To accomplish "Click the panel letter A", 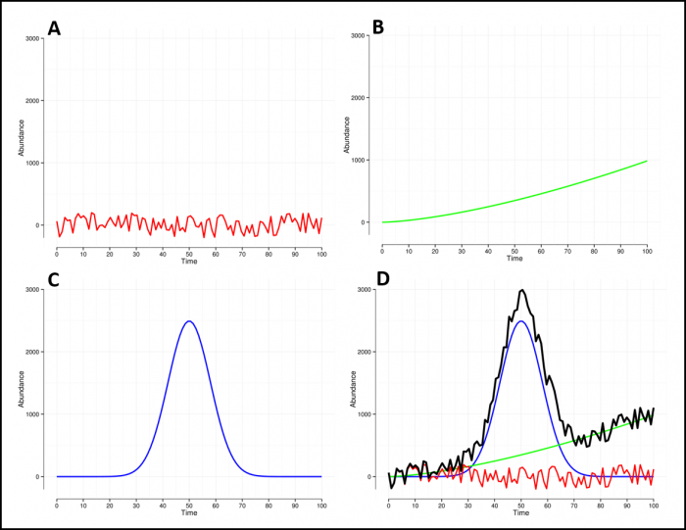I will pyautogui.click(x=55, y=28).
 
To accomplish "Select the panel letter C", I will pyautogui.click(x=54, y=280).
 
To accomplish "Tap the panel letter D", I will pyautogui.click(x=383, y=280).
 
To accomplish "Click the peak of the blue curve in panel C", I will pyautogui.click(x=190, y=321).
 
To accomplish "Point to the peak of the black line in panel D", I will pyautogui.click(x=522, y=290).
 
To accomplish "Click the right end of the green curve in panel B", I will pyautogui.click(x=647, y=161).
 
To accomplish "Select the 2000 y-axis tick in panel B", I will pyautogui.click(x=359, y=98).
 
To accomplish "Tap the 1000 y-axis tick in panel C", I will pyautogui.click(x=34, y=414).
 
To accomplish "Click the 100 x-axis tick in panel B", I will pyautogui.click(x=647, y=252).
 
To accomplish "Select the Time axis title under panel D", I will pyautogui.click(x=520, y=513).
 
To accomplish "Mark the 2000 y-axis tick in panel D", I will pyautogui.click(x=364, y=352).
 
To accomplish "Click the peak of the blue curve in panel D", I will pyautogui.click(x=522, y=321).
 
